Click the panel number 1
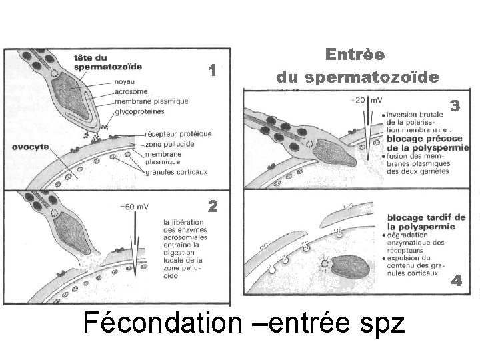[x=211, y=70]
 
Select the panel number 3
[x=455, y=105]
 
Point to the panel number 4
[x=457, y=281]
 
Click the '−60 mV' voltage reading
[x=133, y=206]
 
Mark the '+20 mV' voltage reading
[x=365, y=100]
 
